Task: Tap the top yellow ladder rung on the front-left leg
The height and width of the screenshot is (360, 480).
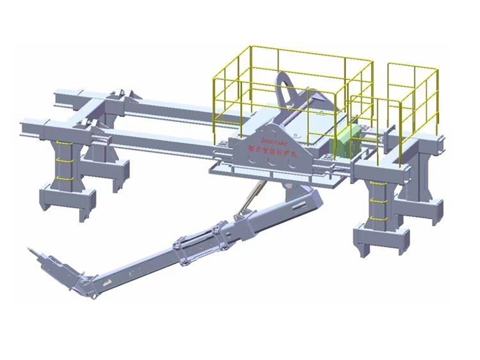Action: [63, 145]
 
